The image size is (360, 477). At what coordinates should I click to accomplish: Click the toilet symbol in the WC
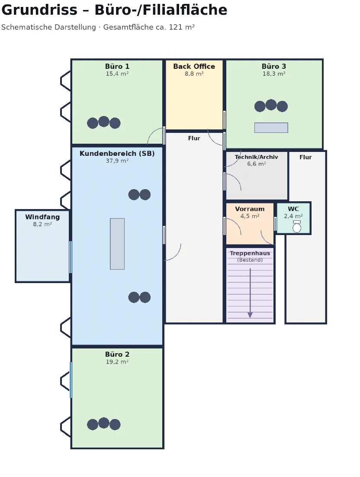click(297, 227)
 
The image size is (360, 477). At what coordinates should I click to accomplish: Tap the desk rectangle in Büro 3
click(271, 128)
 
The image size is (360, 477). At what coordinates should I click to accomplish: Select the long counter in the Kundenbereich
click(117, 244)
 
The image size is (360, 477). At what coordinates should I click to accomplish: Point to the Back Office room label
click(194, 66)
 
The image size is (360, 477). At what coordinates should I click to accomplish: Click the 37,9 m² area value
click(117, 161)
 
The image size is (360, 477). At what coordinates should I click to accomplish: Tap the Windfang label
click(42, 217)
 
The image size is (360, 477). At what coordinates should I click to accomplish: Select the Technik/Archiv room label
click(256, 157)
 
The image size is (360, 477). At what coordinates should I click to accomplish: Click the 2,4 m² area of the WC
click(293, 216)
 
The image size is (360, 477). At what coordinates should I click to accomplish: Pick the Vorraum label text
click(250, 209)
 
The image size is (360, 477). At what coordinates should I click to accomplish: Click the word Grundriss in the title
click(39, 10)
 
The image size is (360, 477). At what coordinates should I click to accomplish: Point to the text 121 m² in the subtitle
click(182, 27)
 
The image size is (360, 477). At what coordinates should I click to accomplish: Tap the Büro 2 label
click(117, 355)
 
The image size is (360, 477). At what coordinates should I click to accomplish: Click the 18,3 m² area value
click(273, 74)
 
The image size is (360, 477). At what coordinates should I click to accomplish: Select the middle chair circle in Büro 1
click(104, 121)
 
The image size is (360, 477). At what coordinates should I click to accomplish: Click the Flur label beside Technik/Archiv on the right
click(305, 157)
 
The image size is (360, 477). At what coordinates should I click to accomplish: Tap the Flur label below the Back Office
click(194, 139)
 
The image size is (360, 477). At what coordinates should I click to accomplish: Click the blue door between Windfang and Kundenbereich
click(71, 257)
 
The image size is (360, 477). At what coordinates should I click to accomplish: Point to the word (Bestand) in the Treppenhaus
click(250, 260)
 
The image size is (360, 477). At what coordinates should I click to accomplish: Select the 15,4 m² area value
click(117, 74)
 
